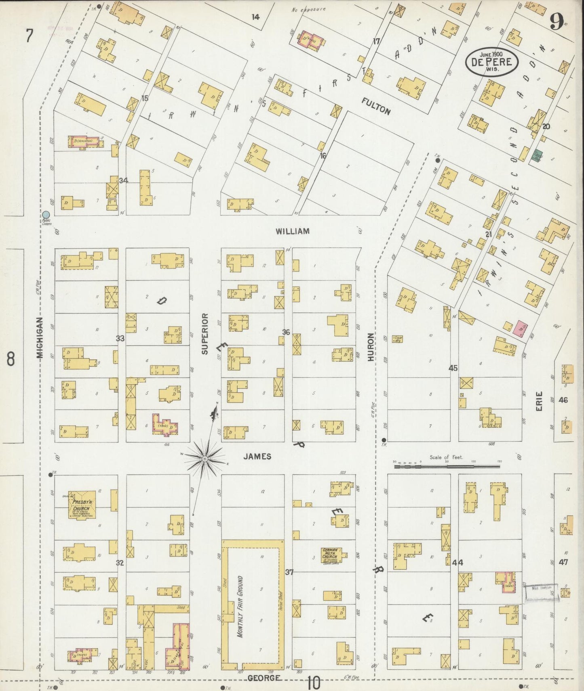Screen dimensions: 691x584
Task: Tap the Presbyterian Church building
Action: tap(82, 505)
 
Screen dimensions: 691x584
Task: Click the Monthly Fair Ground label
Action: tap(240, 609)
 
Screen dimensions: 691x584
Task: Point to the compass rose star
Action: tap(205, 459)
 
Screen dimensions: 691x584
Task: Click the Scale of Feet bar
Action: tap(447, 466)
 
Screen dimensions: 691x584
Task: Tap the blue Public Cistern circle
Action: tap(46, 215)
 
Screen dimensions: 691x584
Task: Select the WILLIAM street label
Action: tap(293, 231)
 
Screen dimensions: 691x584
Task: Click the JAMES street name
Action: tap(257, 456)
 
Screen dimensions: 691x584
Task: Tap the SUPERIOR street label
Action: tap(205, 334)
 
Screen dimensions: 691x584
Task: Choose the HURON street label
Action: tap(371, 347)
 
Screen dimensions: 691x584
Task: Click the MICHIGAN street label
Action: tap(40, 337)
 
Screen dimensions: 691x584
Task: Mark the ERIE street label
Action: tap(539, 401)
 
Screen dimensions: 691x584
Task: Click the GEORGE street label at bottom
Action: tap(264, 678)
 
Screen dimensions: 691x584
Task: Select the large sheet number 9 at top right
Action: tap(557, 22)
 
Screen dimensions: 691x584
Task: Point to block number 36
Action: tap(286, 332)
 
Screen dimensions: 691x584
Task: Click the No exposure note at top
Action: tap(308, 9)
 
